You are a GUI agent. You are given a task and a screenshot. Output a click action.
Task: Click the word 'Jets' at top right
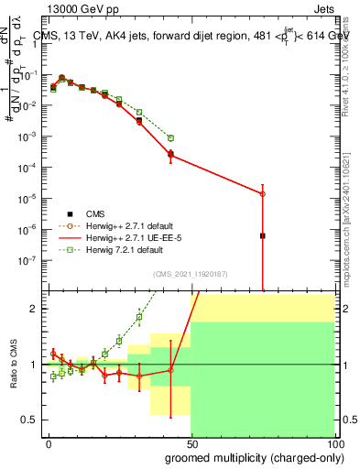coord(322,10)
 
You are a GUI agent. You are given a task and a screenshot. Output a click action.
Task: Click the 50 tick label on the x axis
coord(191,442)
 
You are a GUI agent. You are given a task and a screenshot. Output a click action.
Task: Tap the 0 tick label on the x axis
coord(49,442)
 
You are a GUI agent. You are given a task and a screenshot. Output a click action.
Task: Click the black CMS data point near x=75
coord(263,235)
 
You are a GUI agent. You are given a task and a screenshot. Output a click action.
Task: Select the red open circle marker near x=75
coord(263,194)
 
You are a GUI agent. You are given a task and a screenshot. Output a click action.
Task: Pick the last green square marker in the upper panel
coord(171,137)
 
